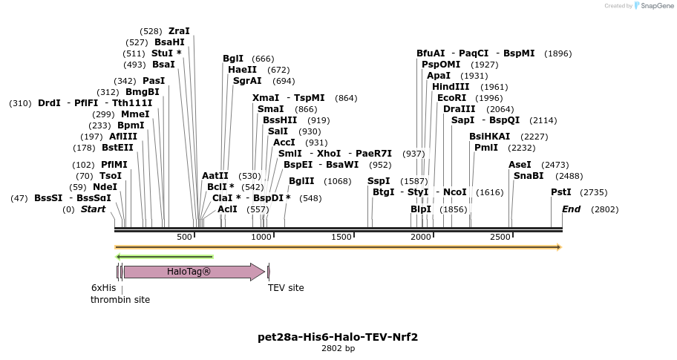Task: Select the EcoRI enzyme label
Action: coord(451,98)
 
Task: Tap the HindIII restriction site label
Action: coord(451,87)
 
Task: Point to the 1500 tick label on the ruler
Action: coord(341,237)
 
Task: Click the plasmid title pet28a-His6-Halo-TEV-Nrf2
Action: coord(338,337)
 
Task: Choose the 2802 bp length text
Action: coord(338,348)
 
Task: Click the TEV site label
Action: coord(286,288)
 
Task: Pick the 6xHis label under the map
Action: coord(104,288)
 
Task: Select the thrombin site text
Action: coord(120,300)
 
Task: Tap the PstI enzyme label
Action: coord(560,192)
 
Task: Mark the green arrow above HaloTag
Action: coord(165,257)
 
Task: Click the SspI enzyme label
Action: coord(379,181)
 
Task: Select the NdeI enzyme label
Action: coord(105,187)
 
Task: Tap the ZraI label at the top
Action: coord(179,31)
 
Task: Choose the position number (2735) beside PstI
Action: coord(593,192)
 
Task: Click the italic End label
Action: coord(571,209)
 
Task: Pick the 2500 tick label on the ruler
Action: coord(500,237)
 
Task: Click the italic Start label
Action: coord(93,209)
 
